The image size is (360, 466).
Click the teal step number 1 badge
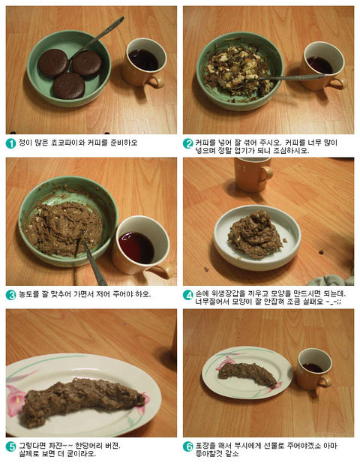pos(10,143)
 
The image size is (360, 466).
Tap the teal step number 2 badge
pos(187,143)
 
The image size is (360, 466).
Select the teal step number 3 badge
pos(10,295)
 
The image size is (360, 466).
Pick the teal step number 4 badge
pos(187,295)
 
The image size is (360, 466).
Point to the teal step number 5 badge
pos(10,446)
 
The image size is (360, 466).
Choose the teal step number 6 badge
pos(187,446)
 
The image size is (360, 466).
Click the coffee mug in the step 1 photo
pos(143,63)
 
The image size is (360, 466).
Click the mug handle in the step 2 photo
pos(337,84)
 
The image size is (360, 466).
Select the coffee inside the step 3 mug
pos(136,248)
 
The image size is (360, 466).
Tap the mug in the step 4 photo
pos(253,174)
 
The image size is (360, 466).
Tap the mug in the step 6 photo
pos(314,369)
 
